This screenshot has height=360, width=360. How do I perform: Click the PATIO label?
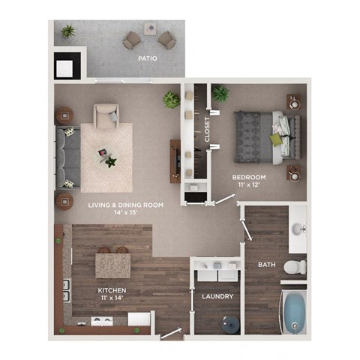(148, 58)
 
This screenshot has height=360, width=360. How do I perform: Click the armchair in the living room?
(106, 114)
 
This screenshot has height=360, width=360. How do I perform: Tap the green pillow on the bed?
(277, 139)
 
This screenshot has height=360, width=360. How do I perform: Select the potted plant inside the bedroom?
(220, 93)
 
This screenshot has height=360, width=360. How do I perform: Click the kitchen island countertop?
(112, 265)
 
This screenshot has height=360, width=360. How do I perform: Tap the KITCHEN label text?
(111, 290)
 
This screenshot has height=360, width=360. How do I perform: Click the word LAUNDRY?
(217, 296)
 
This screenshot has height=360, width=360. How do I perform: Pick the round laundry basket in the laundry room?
(229, 324)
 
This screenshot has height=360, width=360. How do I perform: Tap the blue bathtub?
(292, 310)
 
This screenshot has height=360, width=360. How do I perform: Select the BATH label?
(267, 265)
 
